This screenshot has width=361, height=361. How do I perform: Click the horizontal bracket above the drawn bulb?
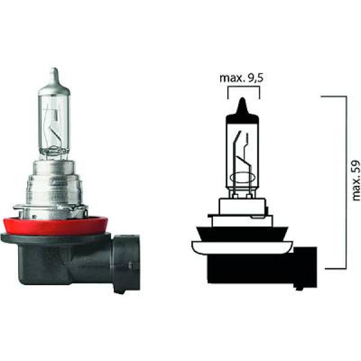click(x=244, y=88)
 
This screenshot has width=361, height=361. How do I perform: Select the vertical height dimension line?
click(x=345, y=180)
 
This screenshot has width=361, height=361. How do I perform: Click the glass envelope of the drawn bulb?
click(x=243, y=150)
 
